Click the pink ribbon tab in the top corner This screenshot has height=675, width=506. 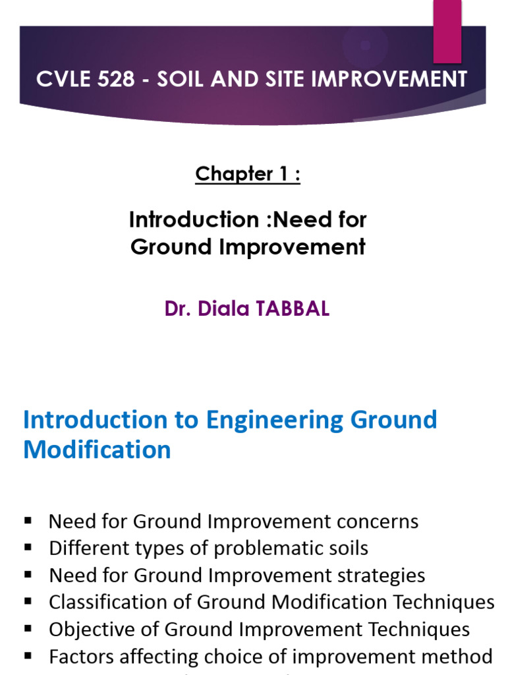[447, 30]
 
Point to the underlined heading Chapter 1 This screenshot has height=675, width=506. [248, 174]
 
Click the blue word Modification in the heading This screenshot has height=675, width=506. [97, 450]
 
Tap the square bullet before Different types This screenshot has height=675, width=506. [28, 547]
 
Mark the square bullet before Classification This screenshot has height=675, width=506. [28, 601]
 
